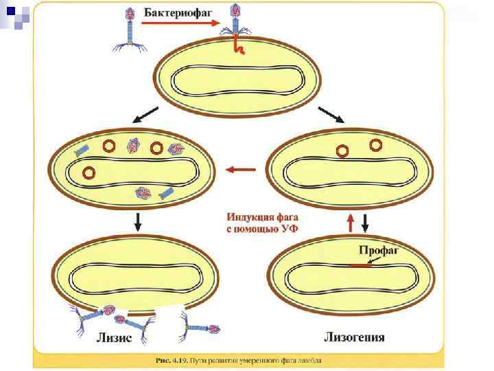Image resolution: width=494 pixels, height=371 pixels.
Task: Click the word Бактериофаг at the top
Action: (178, 12)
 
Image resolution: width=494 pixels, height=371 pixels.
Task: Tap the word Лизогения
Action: (353, 337)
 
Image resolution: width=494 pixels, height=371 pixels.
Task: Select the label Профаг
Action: (379, 251)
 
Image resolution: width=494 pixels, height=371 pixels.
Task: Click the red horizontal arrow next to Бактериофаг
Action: (180, 23)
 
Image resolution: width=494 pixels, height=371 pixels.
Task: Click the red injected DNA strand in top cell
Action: (239, 45)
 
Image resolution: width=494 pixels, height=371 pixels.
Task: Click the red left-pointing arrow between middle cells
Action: (241, 169)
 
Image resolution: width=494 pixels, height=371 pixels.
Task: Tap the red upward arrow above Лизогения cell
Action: (351, 222)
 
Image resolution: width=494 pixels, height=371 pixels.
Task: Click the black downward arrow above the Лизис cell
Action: (139, 221)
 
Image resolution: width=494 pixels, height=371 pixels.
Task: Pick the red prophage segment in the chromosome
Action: (360, 266)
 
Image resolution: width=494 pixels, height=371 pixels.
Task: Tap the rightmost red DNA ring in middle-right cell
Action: (376, 144)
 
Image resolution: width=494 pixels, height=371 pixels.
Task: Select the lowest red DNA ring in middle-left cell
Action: (88, 172)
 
